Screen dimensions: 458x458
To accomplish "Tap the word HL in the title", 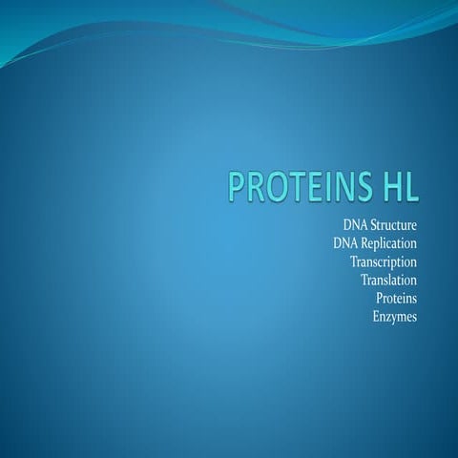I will coord(397,187).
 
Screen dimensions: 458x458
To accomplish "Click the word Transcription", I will coord(384,261).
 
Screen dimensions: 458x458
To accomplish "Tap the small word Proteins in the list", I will coord(397,299).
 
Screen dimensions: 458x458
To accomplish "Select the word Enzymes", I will coord(395,317).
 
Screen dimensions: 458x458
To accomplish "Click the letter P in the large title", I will coord(236,187).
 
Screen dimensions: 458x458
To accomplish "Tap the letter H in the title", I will coord(388,187).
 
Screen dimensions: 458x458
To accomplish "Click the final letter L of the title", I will coord(411,187).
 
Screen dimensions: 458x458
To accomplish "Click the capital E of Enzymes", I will coord(376,317).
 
